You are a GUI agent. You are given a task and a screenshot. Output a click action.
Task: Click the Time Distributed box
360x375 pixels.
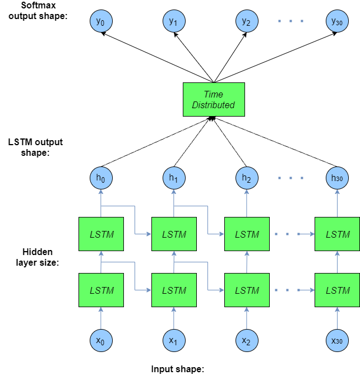pos(213,100)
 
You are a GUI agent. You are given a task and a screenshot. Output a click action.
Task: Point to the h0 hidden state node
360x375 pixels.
pos(101,179)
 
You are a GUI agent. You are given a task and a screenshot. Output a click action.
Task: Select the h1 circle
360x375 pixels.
pos(174,179)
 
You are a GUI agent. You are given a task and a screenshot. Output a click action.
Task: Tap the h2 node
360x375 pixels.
pos(246,179)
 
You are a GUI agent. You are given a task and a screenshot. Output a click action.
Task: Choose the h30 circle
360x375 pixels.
pos(336,179)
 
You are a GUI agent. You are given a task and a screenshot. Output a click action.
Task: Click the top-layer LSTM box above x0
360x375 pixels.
pos(101,234)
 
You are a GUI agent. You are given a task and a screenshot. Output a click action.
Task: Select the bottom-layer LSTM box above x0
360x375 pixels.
pos(101,290)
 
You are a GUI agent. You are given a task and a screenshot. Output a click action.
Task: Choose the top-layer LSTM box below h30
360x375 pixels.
pos(337,234)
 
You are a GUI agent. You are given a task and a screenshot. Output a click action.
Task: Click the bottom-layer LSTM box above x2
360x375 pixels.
pos(247,290)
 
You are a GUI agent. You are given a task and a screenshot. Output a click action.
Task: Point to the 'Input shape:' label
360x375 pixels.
pos(177,369)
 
